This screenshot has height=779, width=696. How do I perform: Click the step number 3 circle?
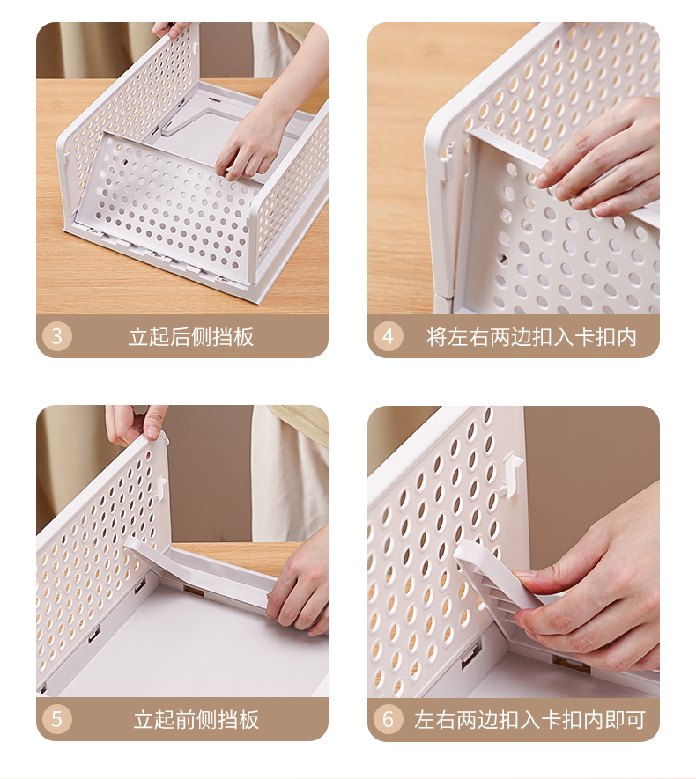[x=56, y=336]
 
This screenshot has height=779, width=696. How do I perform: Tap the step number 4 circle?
[x=388, y=336]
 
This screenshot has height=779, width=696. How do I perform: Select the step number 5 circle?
[x=56, y=719]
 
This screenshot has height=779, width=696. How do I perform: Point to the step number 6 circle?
[x=388, y=719]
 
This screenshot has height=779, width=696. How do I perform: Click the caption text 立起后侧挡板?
[x=191, y=337]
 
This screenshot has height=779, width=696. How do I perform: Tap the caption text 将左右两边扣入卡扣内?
[x=531, y=337]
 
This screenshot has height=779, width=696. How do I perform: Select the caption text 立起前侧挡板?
[x=196, y=719]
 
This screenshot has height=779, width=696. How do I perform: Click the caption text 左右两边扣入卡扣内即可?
[x=530, y=719]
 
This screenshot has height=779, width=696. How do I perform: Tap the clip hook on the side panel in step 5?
[x=160, y=488]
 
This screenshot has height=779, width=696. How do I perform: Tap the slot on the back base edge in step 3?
[x=216, y=99]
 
